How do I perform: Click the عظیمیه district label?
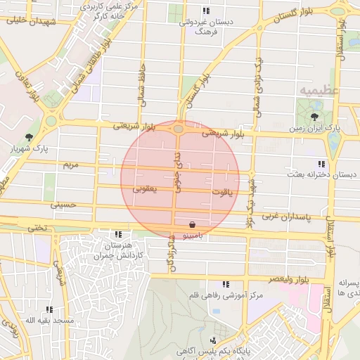[319, 91]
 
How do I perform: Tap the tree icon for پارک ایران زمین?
[312, 117]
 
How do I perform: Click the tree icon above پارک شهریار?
[28, 137]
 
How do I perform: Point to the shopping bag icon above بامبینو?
[193, 224]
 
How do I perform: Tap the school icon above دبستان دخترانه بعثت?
[321, 163]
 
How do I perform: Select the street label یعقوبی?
[145, 188]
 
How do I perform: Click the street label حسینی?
[62, 205]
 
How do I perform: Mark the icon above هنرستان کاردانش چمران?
[117, 233]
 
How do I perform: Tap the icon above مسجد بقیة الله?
[49, 309]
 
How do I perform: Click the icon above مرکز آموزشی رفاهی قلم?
[225, 284]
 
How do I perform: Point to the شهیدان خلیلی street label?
[25, 20]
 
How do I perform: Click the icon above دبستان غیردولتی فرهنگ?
[205, 11]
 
